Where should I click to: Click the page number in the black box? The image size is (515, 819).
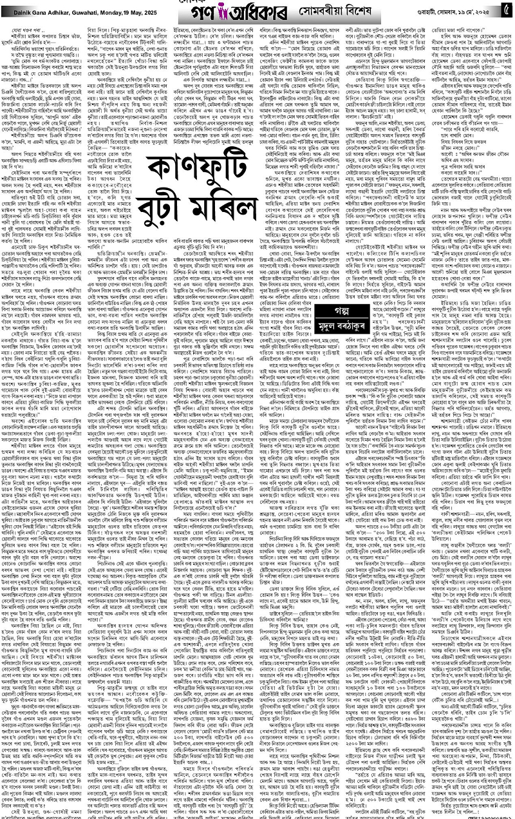[x=506, y=11]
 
